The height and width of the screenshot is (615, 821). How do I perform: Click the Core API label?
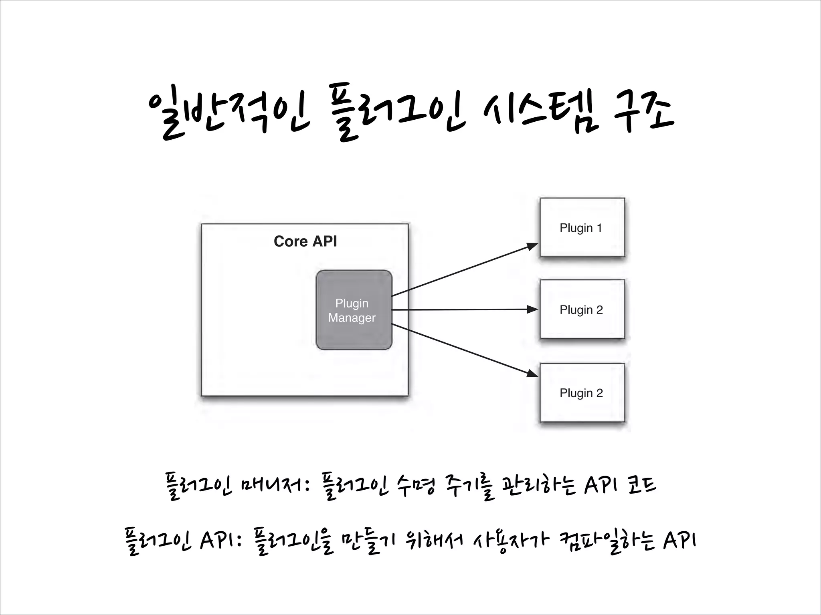pyautogui.click(x=305, y=241)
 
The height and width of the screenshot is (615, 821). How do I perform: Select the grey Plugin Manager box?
pyautogui.click(x=354, y=310)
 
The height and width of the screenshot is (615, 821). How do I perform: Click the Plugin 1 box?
pyautogui.click(x=582, y=227)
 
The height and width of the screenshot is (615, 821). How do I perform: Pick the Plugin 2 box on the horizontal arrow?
pyautogui.click(x=582, y=309)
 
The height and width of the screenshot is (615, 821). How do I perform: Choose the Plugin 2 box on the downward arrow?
pyautogui.click(x=582, y=392)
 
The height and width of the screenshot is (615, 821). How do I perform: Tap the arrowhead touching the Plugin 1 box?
pyautogui.click(x=533, y=246)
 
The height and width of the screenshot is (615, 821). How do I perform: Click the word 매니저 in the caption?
pyautogui.click(x=273, y=487)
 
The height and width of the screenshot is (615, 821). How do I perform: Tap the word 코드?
pyautogui.click(x=641, y=485)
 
